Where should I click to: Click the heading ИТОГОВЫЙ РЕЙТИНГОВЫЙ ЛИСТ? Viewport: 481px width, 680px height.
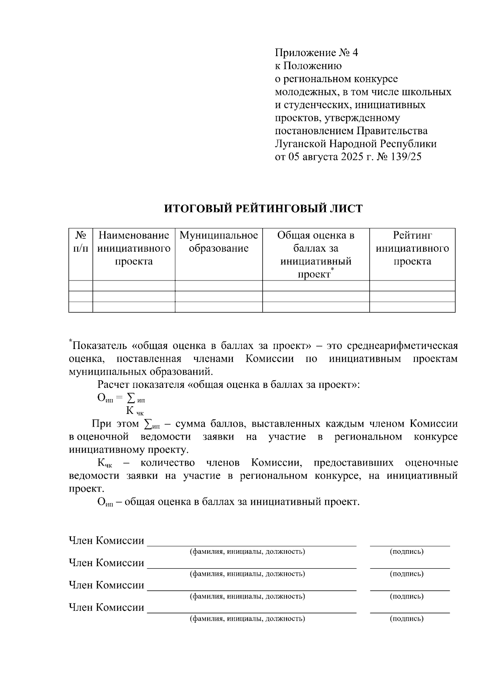263,209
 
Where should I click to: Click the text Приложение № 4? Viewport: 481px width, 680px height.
316,53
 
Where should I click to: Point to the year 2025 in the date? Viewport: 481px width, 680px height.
352,157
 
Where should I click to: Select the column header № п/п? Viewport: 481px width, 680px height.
81,242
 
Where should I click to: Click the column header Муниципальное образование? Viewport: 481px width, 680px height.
218,242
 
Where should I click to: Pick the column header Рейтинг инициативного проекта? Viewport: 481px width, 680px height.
412,248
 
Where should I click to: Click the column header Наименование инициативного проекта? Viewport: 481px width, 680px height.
134,248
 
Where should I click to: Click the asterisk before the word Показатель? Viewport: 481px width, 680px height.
71,341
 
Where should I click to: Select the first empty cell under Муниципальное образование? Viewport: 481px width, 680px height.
218,286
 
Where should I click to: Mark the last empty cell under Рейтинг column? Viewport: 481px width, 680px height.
412,307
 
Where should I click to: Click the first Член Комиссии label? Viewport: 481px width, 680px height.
106,541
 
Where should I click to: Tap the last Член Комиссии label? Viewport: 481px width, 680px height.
106,607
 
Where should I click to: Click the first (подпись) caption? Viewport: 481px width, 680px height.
406,552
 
